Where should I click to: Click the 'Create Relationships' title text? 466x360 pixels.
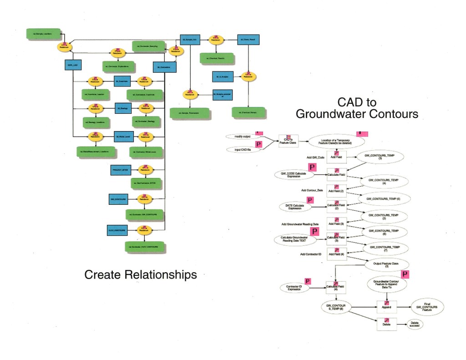tap(141, 274)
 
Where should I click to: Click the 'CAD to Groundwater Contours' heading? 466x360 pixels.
tap(357, 108)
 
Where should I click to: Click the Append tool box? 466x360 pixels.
tap(387, 307)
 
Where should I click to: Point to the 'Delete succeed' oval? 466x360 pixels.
tap(414, 324)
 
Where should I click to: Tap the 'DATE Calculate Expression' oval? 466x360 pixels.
tap(294, 207)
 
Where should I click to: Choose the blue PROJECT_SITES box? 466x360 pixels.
tap(121, 170)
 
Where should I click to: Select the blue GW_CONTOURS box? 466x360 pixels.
tap(118, 199)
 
